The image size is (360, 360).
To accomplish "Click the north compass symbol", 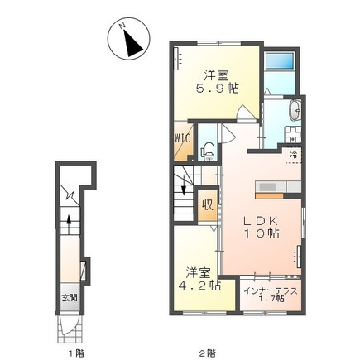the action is click(128, 38).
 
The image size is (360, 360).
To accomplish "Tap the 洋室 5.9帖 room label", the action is click(217, 81).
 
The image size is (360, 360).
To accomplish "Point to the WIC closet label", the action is click(182, 138).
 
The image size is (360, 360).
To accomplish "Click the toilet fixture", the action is click(209, 151).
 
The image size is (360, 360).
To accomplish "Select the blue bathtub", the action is click(279, 61).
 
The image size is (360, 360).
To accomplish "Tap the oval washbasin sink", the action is click(295, 110).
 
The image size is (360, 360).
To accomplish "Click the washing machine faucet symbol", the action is click(293, 134).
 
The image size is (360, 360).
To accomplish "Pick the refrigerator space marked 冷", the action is click(293, 156).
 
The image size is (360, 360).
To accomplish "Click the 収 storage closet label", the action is click(208, 205).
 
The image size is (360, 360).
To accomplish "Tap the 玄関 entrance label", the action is click(69, 298).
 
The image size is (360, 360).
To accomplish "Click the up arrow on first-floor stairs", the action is click(69, 220).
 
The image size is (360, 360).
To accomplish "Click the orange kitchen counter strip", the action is click(270, 196).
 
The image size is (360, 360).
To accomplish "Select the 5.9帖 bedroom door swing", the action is click(244, 113).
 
